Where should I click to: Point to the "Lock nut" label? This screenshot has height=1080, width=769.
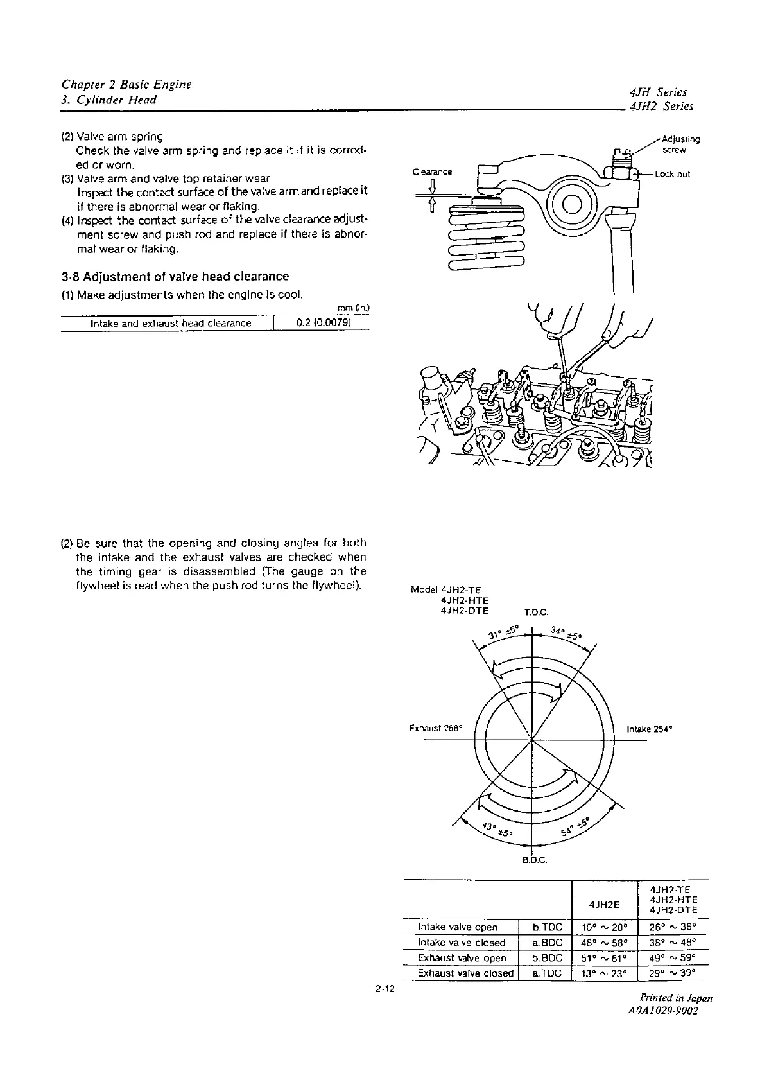point(672,174)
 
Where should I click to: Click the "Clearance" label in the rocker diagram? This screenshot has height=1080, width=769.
point(432,171)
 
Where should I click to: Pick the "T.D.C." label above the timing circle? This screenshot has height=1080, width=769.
point(537,613)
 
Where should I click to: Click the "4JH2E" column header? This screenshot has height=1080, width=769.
point(604,904)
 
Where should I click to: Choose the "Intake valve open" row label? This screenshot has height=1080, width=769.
point(458,927)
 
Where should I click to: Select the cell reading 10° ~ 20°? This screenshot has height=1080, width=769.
point(604,927)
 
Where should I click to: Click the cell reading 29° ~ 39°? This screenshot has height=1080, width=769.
point(673,973)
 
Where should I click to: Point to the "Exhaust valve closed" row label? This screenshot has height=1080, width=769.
point(465,973)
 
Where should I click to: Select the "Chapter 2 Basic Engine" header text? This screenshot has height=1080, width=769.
point(126,85)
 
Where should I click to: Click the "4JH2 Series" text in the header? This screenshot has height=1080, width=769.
point(662,107)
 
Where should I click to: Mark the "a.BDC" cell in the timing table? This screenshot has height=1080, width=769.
point(548,943)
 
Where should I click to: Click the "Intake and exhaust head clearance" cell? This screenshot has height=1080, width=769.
point(171,323)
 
